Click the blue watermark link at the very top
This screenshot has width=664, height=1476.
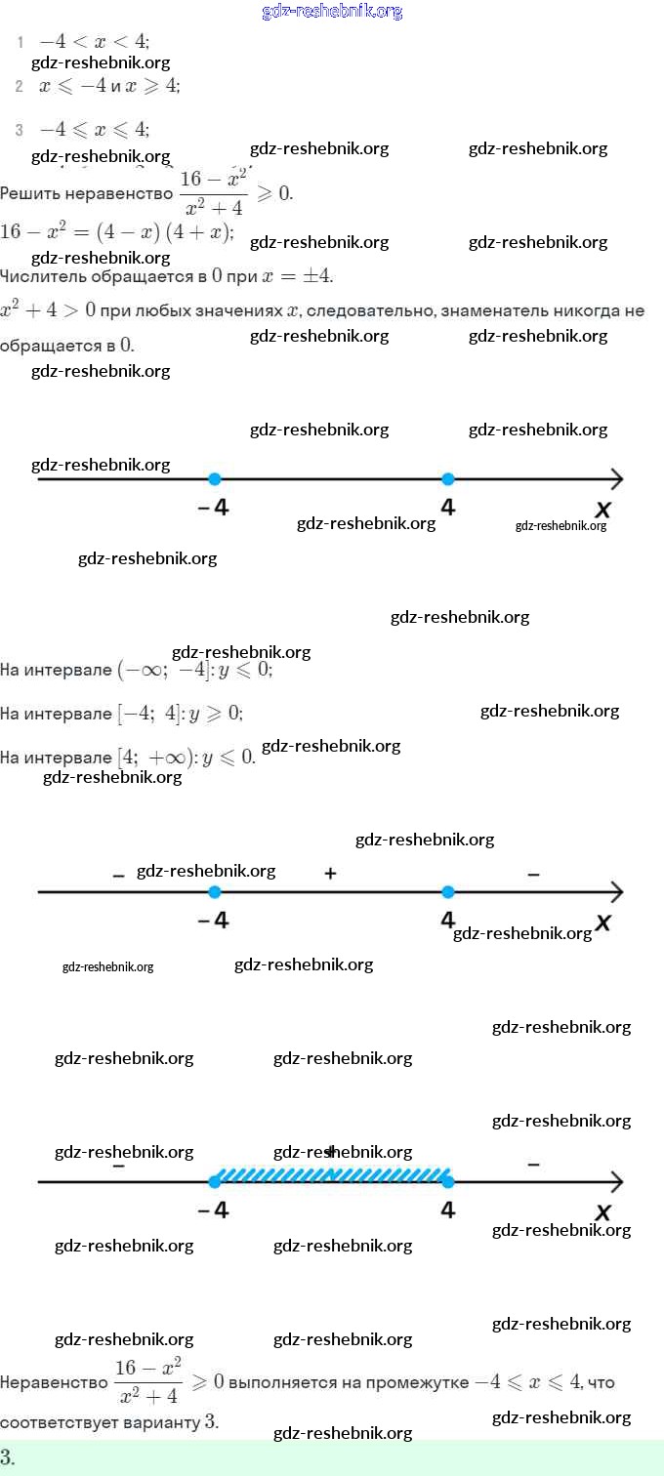coord(332,12)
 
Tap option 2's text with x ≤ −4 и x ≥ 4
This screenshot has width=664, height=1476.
coord(109,86)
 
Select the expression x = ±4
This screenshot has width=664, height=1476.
coord(298,276)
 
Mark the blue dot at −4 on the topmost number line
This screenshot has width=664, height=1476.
coord(215,478)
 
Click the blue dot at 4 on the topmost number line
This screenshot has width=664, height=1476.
coord(447,478)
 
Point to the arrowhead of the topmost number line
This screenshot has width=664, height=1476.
coord(616,478)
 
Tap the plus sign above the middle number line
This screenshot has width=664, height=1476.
coord(330,874)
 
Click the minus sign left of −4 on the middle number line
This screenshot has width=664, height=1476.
coord(118,877)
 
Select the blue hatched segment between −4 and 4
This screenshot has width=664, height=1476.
coord(332,1174)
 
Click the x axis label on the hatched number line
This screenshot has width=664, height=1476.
coord(602,1211)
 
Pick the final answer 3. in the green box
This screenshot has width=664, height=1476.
coord(8,1458)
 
